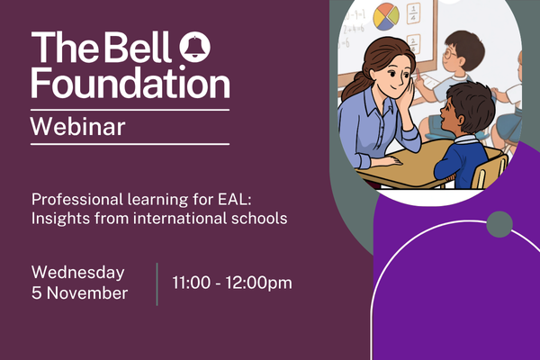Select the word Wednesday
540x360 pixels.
(x=78, y=272)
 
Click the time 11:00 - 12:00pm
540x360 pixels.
(x=232, y=283)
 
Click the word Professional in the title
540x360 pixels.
(x=74, y=199)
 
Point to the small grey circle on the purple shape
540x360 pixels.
(x=499, y=224)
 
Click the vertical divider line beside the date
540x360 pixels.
(x=157, y=283)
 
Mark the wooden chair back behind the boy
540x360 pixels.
(x=491, y=171)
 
